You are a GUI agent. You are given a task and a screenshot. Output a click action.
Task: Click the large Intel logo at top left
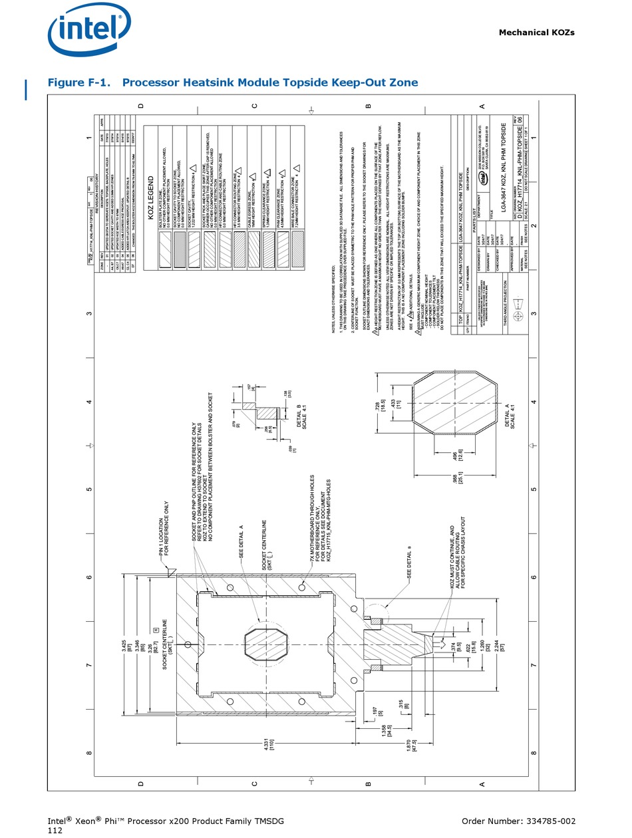click(88, 30)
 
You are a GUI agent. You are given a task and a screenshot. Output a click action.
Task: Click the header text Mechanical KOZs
click(536, 33)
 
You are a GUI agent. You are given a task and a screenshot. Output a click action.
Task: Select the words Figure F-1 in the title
click(79, 82)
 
